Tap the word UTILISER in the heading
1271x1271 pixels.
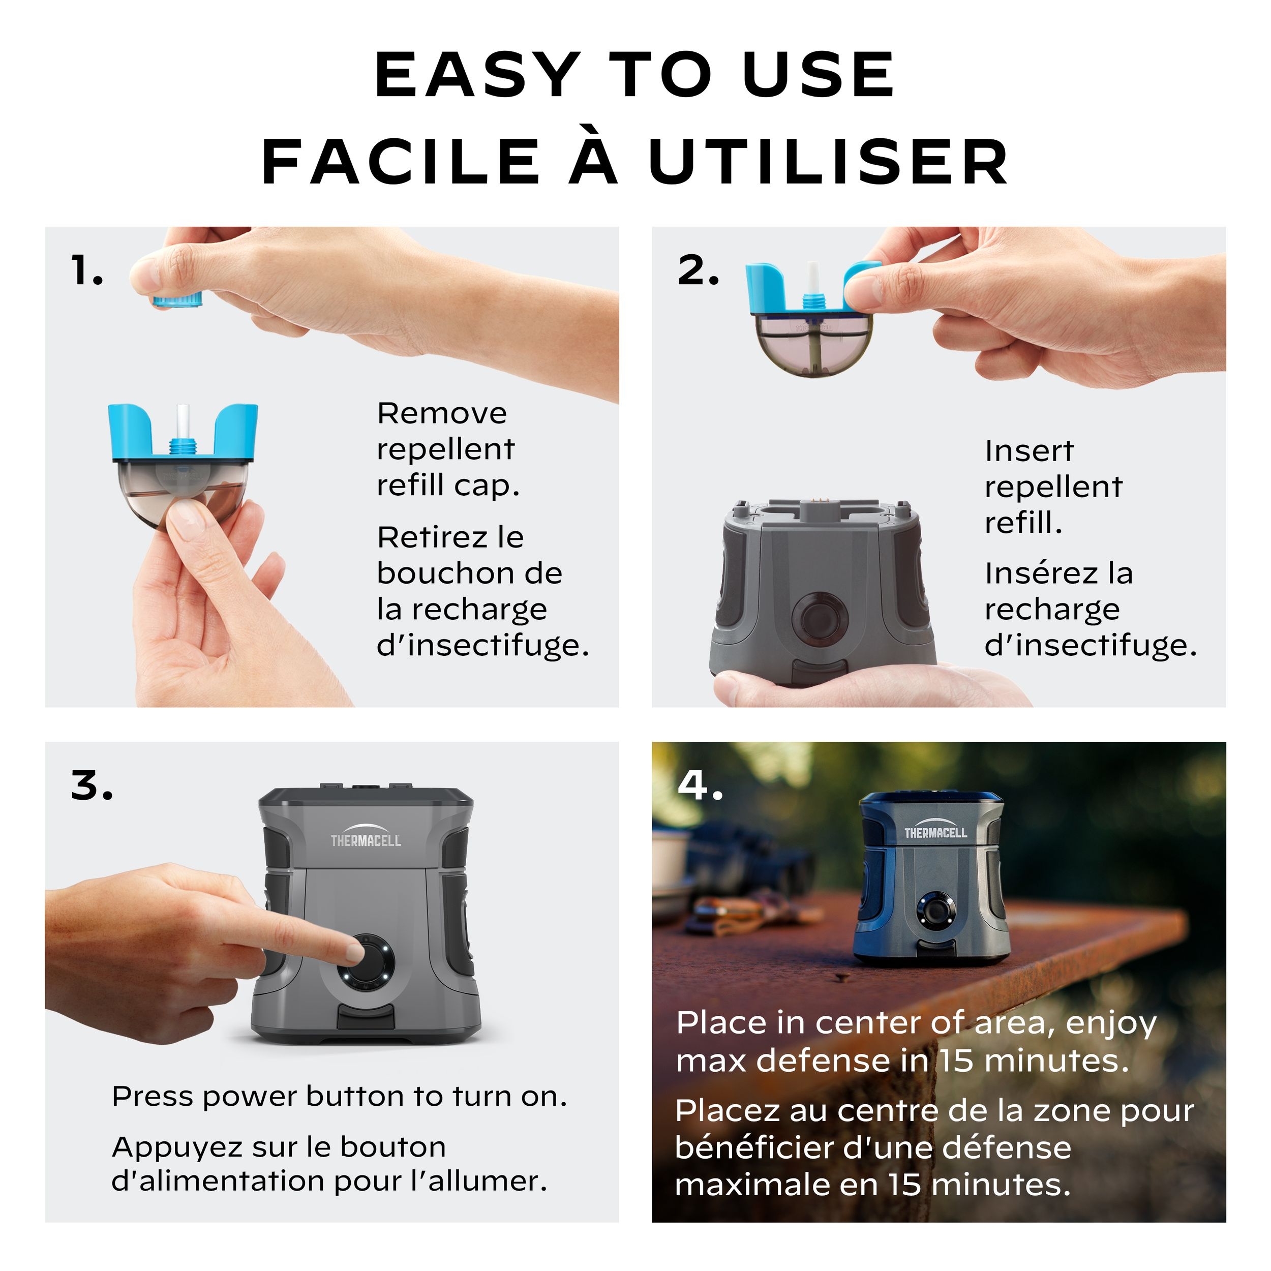pyautogui.click(x=828, y=162)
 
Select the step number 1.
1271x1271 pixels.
pyautogui.click(x=87, y=270)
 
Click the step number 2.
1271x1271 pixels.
pyautogui.click(x=698, y=270)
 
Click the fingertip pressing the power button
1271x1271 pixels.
pyautogui.click(x=353, y=951)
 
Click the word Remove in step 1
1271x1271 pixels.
pyautogui.click(x=442, y=414)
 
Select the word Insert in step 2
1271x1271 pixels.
pyautogui.click(x=1029, y=451)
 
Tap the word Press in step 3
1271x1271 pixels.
pyautogui.click(x=152, y=1097)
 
